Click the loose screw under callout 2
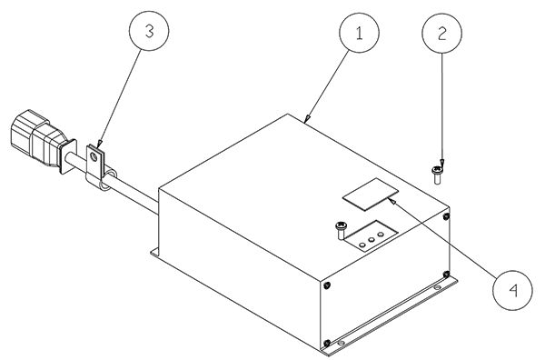(437, 175)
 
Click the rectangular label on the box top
(371, 194)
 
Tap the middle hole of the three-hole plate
(372, 240)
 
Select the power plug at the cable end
(35, 138)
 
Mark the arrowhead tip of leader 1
(304, 123)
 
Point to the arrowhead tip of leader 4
(390, 198)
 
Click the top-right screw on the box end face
(447, 216)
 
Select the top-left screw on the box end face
(327, 285)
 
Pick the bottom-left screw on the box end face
(327, 344)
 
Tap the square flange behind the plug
(68, 156)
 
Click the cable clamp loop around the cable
(108, 181)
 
